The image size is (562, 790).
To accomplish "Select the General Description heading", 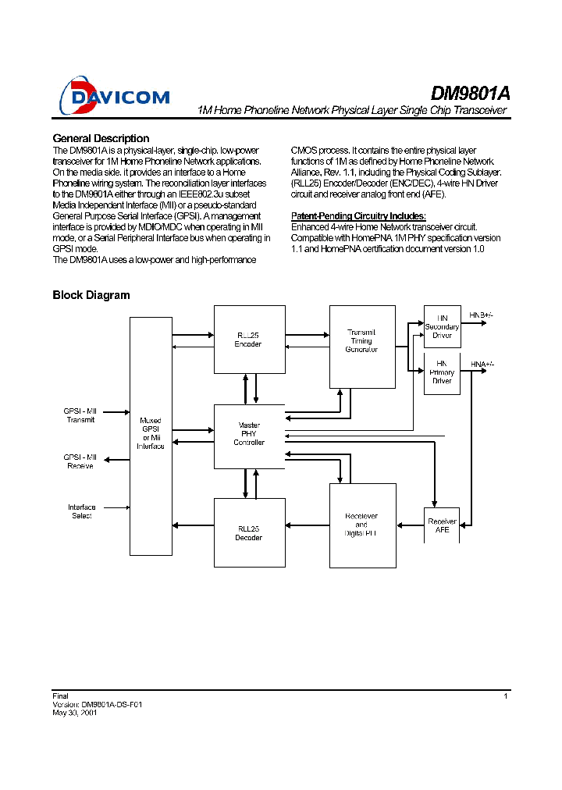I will pyautogui.click(x=101, y=138).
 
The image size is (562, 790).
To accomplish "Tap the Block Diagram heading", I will pyautogui.click(x=91, y=295).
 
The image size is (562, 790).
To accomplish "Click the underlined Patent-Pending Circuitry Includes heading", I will pyautogui.click(x=358, y=215).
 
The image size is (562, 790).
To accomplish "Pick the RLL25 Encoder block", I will pyautogui.click(x=249, y=340).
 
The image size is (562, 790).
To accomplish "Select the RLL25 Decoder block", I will pyautogui.click(x=249, y=532).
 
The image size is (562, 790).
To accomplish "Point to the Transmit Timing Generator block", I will pyautogui.click(x=361, y=346).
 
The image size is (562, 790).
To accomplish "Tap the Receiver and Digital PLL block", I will pyautogui.click(x=361, y=525).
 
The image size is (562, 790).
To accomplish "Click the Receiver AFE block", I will pyautogui.click(x=442, y=525).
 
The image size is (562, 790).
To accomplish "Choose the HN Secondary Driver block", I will pyautogui.click(x=442, y=326).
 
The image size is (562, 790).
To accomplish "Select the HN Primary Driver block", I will pyautogui.click(x=442, y=372).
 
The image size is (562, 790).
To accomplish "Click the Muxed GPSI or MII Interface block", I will pyautogui.click(x=151, y=436).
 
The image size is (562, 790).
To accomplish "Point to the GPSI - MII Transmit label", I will pyautogui.click(x=80, y=415).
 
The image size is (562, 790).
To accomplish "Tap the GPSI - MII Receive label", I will pyautogui.click(x=80, y=461).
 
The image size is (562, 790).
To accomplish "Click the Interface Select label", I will pyautogui.click(x=81, y=511).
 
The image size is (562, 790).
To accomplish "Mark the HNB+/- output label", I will pyautogui.click(x=481, y=315).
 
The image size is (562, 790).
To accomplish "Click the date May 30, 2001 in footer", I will pyautogui.click(x=74, y=713).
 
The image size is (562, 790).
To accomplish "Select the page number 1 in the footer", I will pyautogui.click(x=506, y=696).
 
